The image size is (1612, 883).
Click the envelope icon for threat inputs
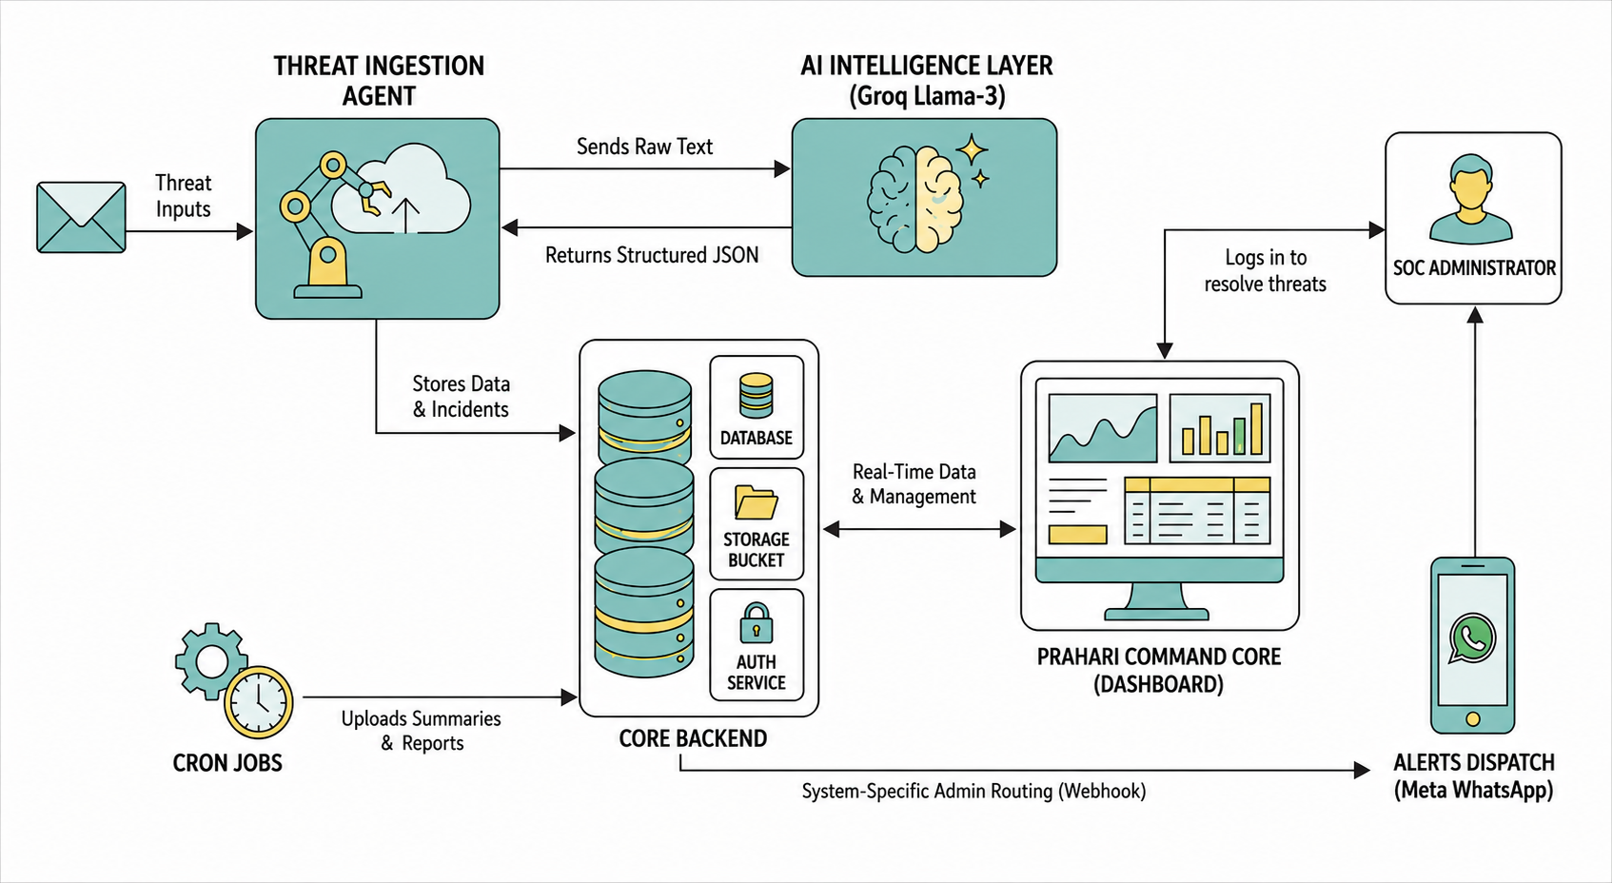(81, 217)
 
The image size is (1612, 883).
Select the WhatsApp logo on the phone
(1472, 638)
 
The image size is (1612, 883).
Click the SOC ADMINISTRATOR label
(1474, 268)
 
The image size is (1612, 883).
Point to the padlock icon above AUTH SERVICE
(757, 623)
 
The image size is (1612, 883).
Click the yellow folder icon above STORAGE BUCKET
(756, 502)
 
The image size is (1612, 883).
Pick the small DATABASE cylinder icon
(756, 395)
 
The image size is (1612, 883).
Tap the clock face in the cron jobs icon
(259, 702)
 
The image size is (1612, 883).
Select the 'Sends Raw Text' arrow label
(644, 147)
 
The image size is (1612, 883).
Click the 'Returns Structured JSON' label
(652, 255)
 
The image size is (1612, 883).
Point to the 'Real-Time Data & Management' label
(914, 484)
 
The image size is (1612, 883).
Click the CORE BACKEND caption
(693, 738)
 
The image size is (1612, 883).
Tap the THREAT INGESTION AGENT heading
(379, 81)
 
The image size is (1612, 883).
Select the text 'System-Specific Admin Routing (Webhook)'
(973, 792)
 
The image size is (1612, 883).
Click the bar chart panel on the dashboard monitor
(1220, 427)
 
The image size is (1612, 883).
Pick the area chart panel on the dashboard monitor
(1103, 427)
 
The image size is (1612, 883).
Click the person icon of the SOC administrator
(1471, 199)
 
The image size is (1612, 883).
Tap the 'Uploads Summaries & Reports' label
(421, 731)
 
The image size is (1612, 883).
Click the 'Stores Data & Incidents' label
(461, 397)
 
